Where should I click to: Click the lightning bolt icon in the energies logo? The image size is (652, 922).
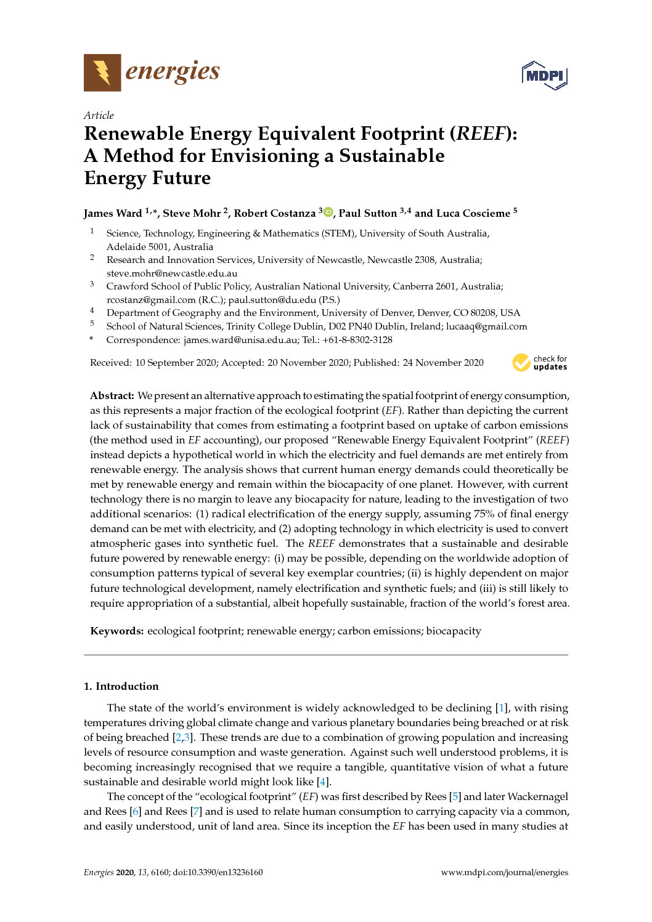coord(102,73)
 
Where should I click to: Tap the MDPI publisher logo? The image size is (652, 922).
coord(544,75)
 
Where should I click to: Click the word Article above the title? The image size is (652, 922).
coord(99,115)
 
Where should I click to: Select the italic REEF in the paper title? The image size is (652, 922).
coord(480,134)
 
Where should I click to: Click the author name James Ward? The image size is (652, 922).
coord(113,213)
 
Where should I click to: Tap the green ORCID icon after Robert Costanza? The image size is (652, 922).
coord(328,212)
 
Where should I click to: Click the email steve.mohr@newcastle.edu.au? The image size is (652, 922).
coord(172,273)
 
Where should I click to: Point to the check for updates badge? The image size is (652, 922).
coord(540,363)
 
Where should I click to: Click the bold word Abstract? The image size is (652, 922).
coord(112,395)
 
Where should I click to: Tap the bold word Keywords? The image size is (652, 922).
coord(117,631)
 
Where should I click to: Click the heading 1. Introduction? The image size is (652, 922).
coord(121,686)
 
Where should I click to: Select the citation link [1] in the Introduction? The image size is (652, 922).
coord(502,708)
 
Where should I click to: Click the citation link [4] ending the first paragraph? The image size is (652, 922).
coord(322,782)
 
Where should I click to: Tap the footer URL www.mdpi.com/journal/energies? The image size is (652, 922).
coord(504,872)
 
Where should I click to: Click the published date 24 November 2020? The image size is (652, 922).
coord(443,363)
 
